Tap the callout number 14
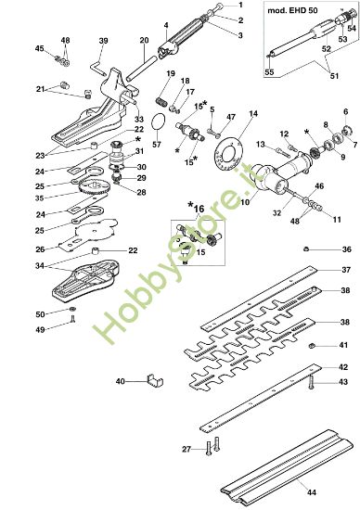click(254, 113)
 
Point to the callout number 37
click(320, 270)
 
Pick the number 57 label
click(156, 145)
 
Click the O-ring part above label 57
click(159, 122)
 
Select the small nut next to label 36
click(304, 249)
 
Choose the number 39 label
click(103, 41)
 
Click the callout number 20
click(144, 40)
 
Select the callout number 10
click(246, 201)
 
